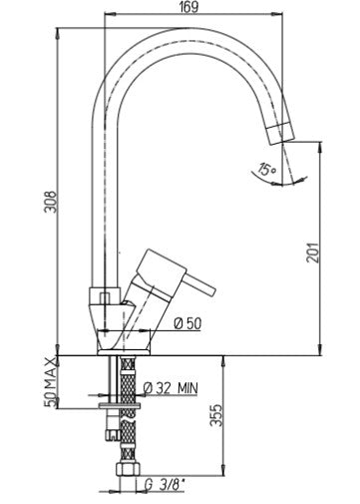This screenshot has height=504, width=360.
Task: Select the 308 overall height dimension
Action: (x=51, y=202)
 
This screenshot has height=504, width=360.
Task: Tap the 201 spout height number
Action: (x=312, y=252)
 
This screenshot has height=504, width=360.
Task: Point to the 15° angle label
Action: (x=267, y=169)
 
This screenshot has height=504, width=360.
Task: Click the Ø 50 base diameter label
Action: (x=188, y=323)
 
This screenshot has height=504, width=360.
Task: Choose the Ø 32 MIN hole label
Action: (x=171, y=388)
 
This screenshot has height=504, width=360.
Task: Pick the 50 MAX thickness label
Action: (x=50, y=382)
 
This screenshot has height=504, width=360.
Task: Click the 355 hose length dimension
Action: (x=216, y=415)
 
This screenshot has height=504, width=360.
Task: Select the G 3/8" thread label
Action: (x=165, y=485)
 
